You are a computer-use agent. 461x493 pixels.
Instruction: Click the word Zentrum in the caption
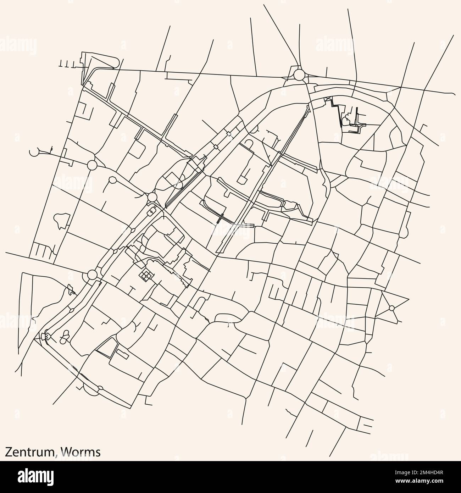30,451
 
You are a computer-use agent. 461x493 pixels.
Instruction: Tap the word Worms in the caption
80,451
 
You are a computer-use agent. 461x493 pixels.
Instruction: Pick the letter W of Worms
66,451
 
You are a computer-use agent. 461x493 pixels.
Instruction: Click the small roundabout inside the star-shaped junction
391,308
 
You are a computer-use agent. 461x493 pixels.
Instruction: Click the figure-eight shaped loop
65,336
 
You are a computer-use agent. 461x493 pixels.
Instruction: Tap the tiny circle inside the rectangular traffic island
152,212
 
